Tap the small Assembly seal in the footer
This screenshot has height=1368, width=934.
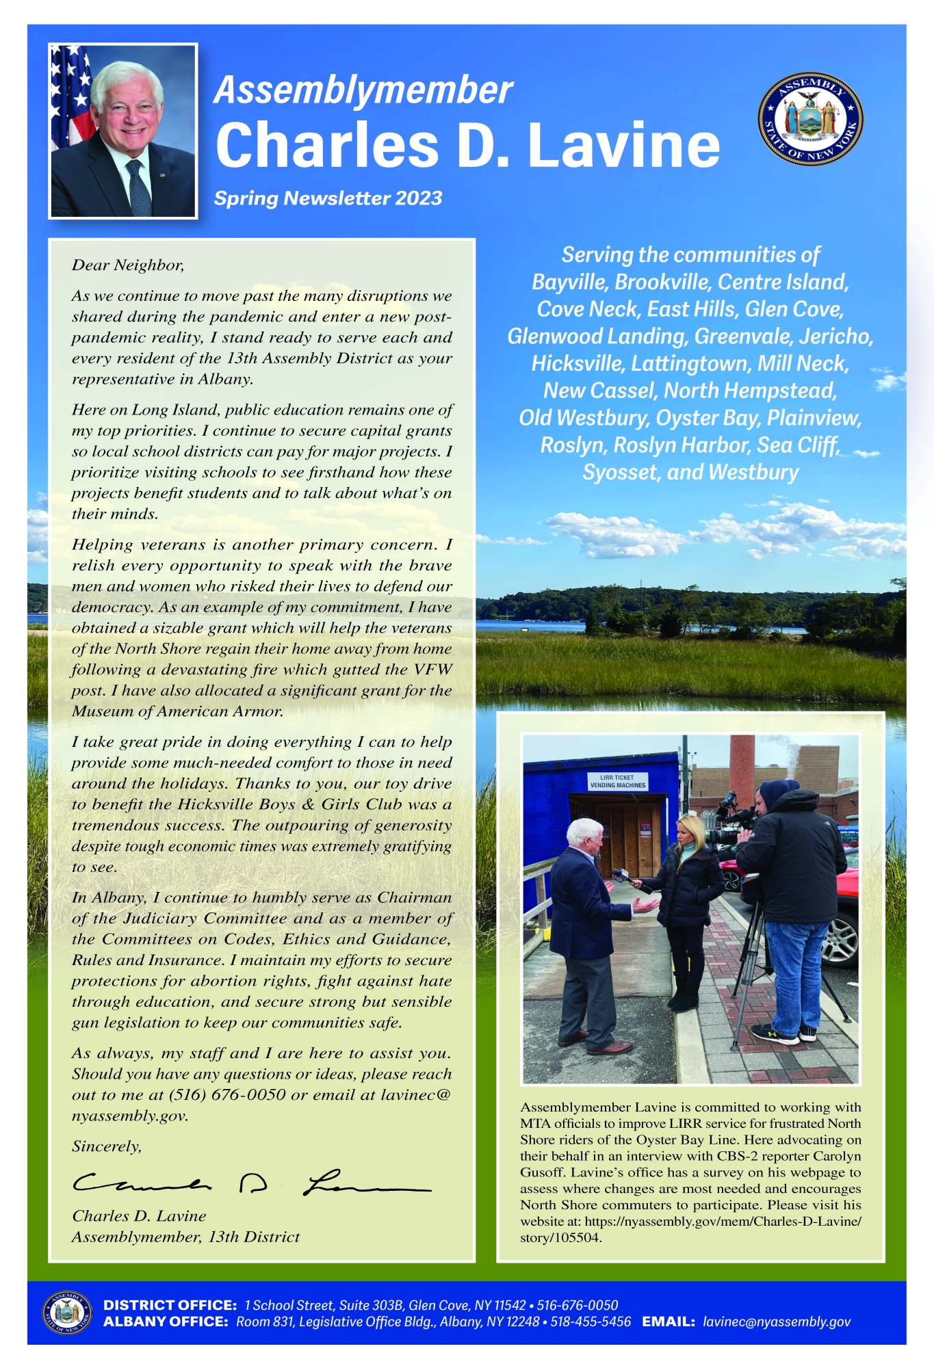(x=66, y=1313)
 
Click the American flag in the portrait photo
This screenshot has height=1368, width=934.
(x=69, y=96)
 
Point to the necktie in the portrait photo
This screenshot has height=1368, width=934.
(x=139, y=187)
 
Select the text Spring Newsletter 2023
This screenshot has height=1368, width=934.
(x=328, y=198)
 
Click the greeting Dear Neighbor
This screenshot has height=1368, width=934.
(x=128, y=265)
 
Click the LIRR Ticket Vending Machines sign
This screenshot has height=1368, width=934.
(x=617, y=781)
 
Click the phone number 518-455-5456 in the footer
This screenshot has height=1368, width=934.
(x=591, y=1321)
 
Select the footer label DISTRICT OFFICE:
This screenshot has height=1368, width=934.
(x=170, y=1305)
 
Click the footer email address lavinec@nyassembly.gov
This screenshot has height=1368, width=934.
(x=777, y=1321)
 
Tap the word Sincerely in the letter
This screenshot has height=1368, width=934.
(x=107, y=1146)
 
